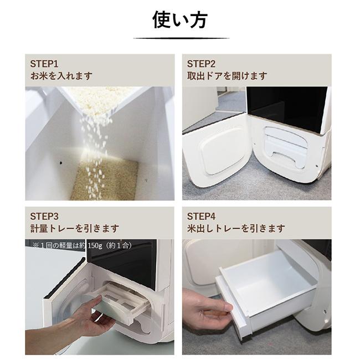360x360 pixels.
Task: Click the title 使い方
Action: click(179, 19)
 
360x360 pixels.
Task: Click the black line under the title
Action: click(181, 38)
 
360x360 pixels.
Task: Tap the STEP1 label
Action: click(44, 63)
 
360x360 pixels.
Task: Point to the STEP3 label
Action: click(44, 216)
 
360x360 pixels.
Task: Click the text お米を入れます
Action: click(61, 76)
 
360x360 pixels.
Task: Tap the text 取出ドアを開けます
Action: click(227, 76)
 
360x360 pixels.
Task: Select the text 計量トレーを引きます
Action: click(74, 228)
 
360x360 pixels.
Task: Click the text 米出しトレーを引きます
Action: click(236, 228)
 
